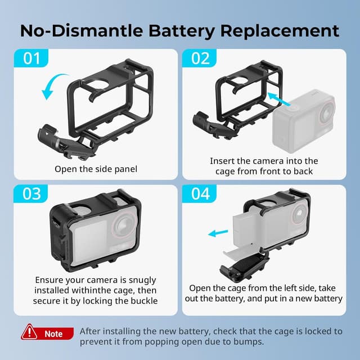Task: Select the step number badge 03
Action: point(31,194)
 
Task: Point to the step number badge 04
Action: point(200,194)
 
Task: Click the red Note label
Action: point(54,334)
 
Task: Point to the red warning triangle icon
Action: point(29,332)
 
